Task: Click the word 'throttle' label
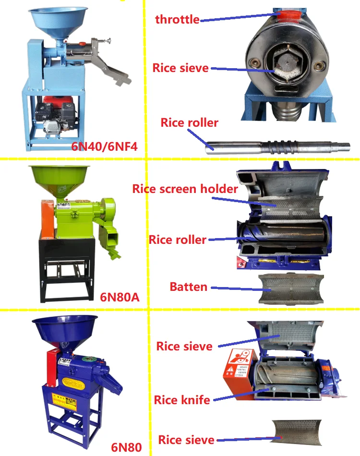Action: click(177, 20)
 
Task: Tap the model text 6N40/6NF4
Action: click(105, 146)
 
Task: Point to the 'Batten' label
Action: click(189, 287)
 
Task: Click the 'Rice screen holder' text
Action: click(185, 189)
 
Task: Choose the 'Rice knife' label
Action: click(182, 399)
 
